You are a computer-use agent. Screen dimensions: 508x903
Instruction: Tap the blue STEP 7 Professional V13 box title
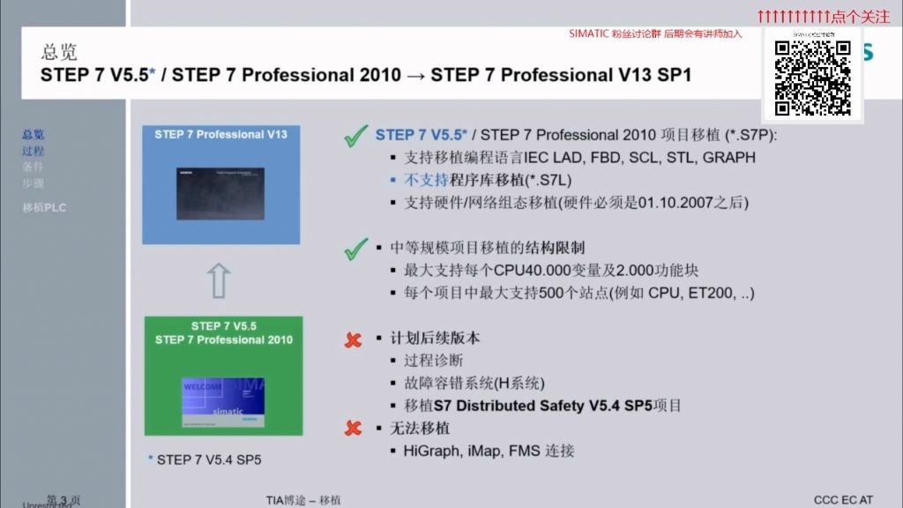point(220,135)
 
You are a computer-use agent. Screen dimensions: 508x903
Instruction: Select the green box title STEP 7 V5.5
point(223,325)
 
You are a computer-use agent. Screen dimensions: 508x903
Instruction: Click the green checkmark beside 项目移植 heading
point(355,137)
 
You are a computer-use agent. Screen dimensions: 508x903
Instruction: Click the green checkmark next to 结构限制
point(355,250)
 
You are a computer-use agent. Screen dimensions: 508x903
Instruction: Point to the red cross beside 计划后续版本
point(354,340)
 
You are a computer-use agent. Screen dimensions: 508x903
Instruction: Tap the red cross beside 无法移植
point(354,429)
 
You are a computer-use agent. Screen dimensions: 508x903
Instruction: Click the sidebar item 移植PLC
point(44,208)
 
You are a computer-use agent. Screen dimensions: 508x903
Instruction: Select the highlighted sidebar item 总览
point(33,135)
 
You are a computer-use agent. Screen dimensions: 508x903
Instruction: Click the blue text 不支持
point(422,180)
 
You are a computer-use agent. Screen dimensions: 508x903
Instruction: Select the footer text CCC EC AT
point(843,500)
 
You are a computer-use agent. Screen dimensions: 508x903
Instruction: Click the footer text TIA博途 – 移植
point(303,500)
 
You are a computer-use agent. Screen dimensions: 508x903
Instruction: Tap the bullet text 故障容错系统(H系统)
point(474,384)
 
